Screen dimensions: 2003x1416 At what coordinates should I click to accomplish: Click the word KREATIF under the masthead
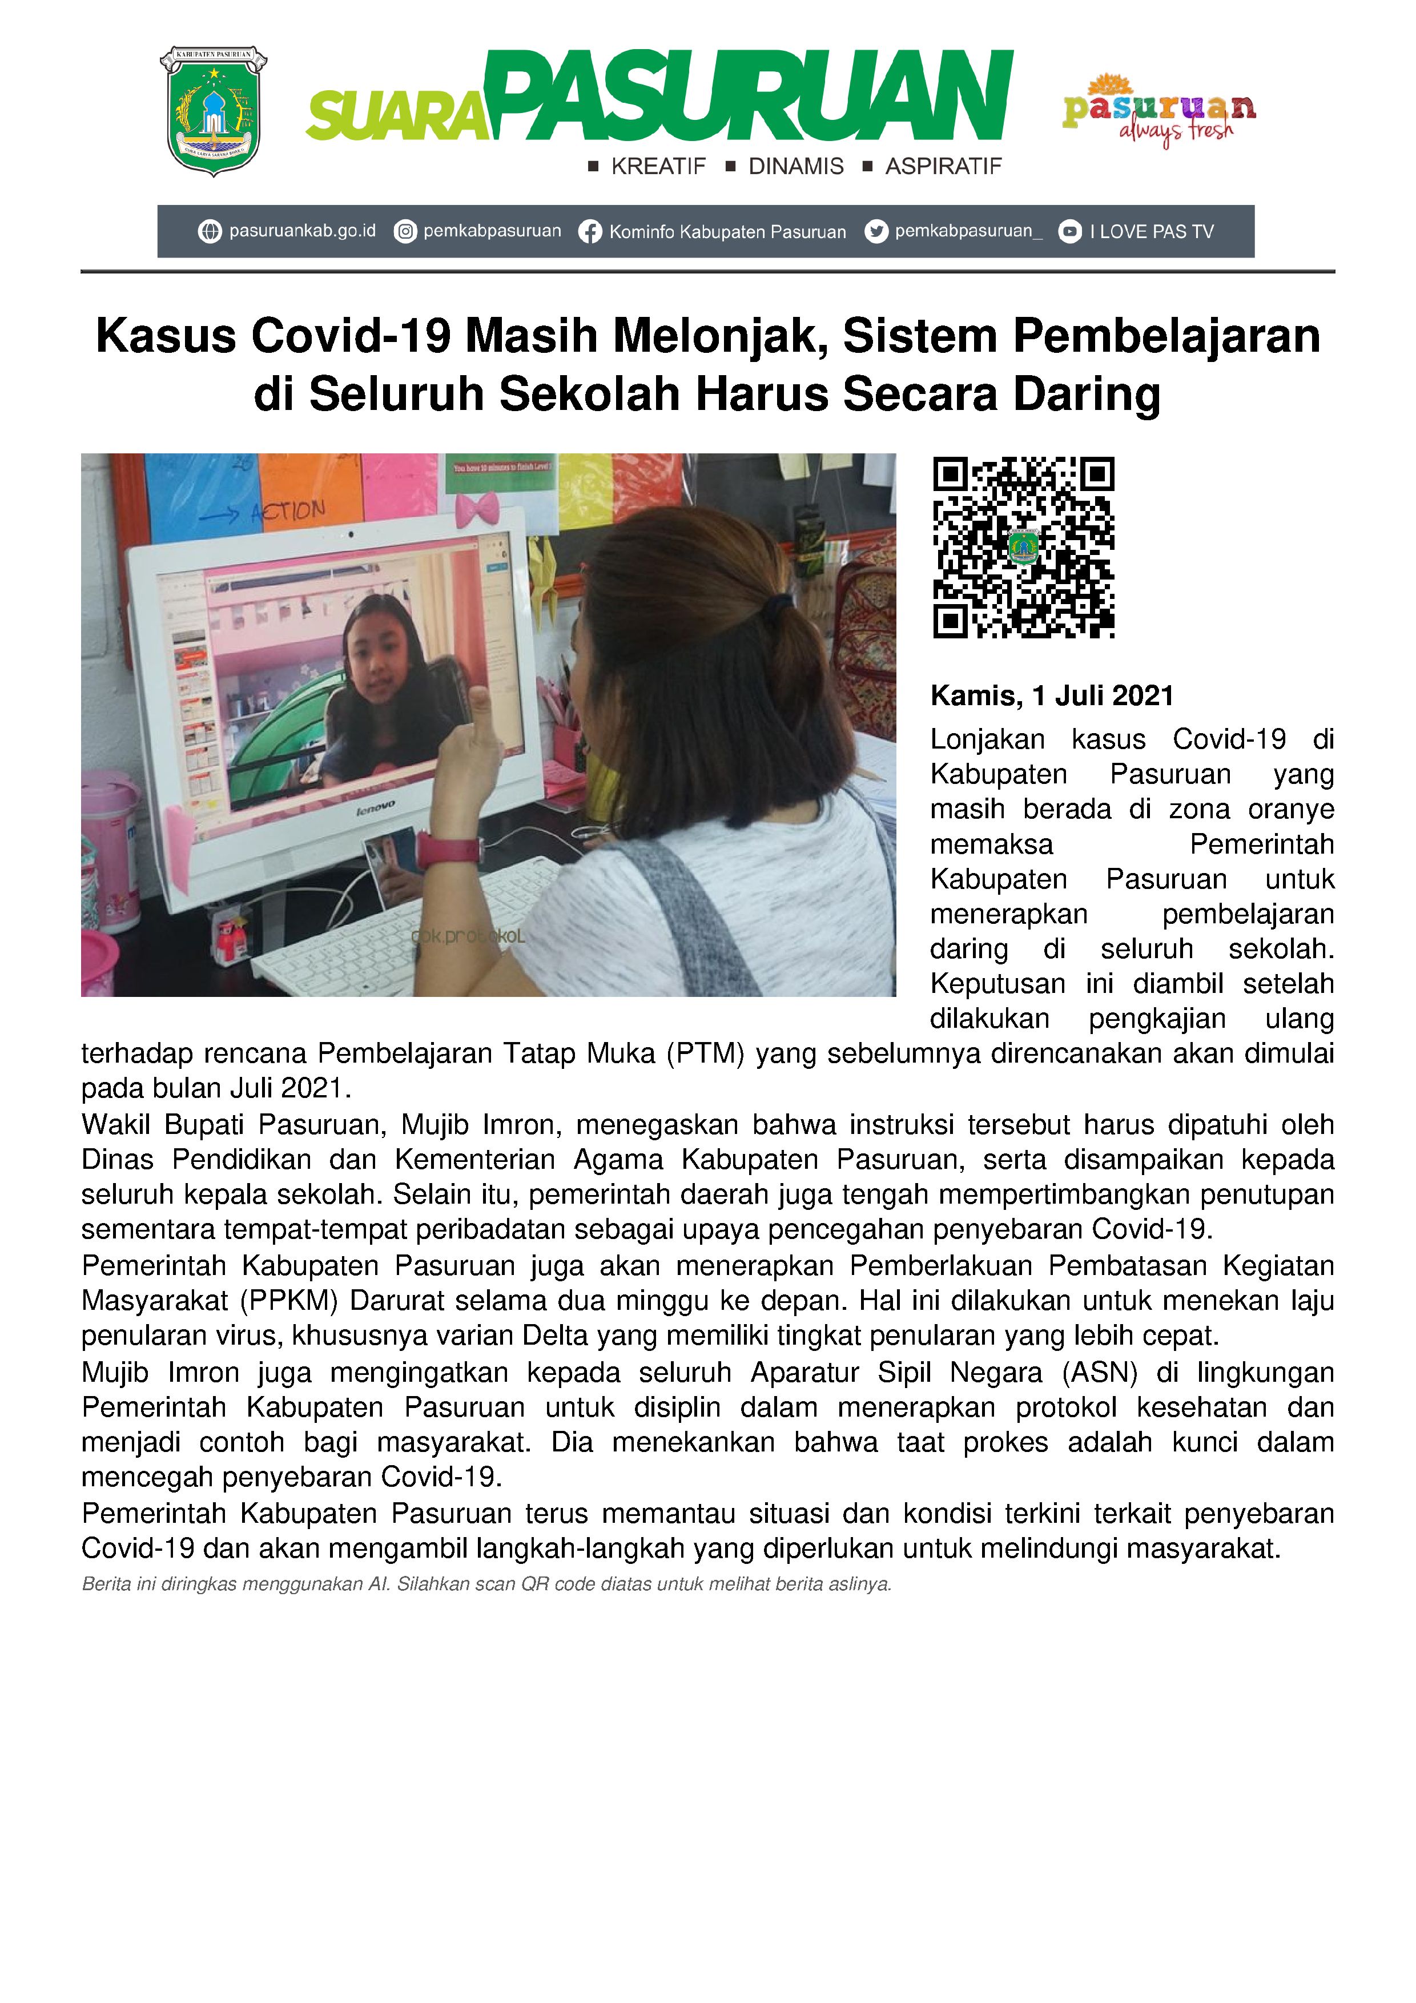click(x=658, y=167)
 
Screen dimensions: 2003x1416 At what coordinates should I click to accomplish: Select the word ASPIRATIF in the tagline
click(x=943, y=167)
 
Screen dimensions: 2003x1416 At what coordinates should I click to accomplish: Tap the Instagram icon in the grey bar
click(x=405, y=232)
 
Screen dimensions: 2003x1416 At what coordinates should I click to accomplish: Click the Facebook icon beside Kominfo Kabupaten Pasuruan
click(x=590, y=232)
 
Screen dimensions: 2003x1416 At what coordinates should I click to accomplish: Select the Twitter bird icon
click(x=875, y=231)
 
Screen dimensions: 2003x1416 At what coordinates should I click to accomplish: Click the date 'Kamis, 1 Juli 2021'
click(x=1051, y=695)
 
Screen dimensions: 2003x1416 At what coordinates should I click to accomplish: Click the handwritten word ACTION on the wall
click(x=288, y=511)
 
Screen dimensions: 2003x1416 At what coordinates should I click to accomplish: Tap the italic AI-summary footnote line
click(x=486, y=1584)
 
